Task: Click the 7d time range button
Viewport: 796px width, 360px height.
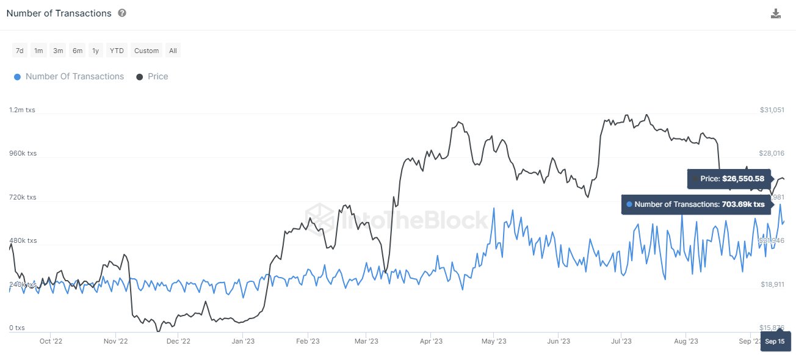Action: click(x=20, y=51)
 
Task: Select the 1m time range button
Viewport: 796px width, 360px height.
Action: click(x=38, y=51)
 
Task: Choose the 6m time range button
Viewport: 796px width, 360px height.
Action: click(x=78, y=51)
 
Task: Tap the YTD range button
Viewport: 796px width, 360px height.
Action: click(x=116, y=51)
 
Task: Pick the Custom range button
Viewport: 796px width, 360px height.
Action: click(x=147, y=51)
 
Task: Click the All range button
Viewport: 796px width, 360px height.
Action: click(x=173, y=51)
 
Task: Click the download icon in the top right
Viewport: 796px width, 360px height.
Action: click(x=776, y=14)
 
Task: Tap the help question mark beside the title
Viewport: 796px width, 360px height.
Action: click(x=122, y=13)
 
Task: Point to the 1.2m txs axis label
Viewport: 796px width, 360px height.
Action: click(x=22, y=110)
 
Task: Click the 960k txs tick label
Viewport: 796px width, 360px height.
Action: click(x=23, y=153)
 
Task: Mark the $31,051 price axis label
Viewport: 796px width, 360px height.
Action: click(x=772, y=110)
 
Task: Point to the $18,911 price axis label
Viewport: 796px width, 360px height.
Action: click(x=772, y=284)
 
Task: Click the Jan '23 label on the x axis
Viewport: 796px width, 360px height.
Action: click(x=243, y=341)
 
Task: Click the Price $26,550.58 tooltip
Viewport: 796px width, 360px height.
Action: click(x=729, y=179)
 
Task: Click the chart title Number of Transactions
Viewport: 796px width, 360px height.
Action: click(x=59, y=13)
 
